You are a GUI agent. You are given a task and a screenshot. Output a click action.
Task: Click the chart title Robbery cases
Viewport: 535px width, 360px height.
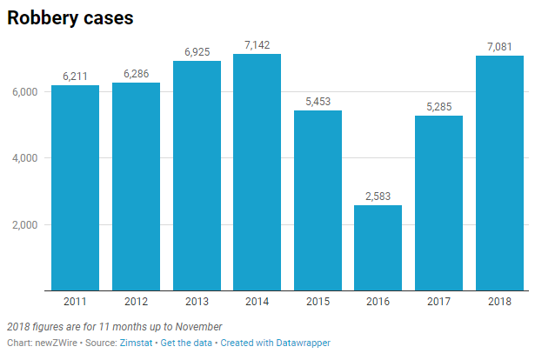pyautogui.click(x=70, y=18)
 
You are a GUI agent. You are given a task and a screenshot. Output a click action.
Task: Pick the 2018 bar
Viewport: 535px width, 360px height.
pyautogui.click(x=500, y=173)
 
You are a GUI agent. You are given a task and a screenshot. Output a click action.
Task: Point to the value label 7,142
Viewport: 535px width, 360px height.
pyautogui.click(x=257, y=43)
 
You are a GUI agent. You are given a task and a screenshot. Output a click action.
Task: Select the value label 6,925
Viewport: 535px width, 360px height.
pyautogui.click(x=197, y=51)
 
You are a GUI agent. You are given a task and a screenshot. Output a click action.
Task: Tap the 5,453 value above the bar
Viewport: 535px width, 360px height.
pyautogui.click(x=318, y=101)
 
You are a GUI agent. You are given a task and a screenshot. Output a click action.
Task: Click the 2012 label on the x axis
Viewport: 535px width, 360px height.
pyautogui.click(x=136, y=301)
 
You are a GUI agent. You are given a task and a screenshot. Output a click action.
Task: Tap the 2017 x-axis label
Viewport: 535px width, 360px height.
pyautogui.click(x=439, y=301)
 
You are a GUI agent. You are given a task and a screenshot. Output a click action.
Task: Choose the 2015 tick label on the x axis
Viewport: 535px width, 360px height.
pyautogui.click(x=318, y=301)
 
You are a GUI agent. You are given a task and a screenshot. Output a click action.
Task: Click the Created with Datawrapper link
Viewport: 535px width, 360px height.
pyautogui.click(x=275, y=343)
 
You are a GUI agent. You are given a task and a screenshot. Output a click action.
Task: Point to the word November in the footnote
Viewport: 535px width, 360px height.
pyautogui.click(x=197, y=326)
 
